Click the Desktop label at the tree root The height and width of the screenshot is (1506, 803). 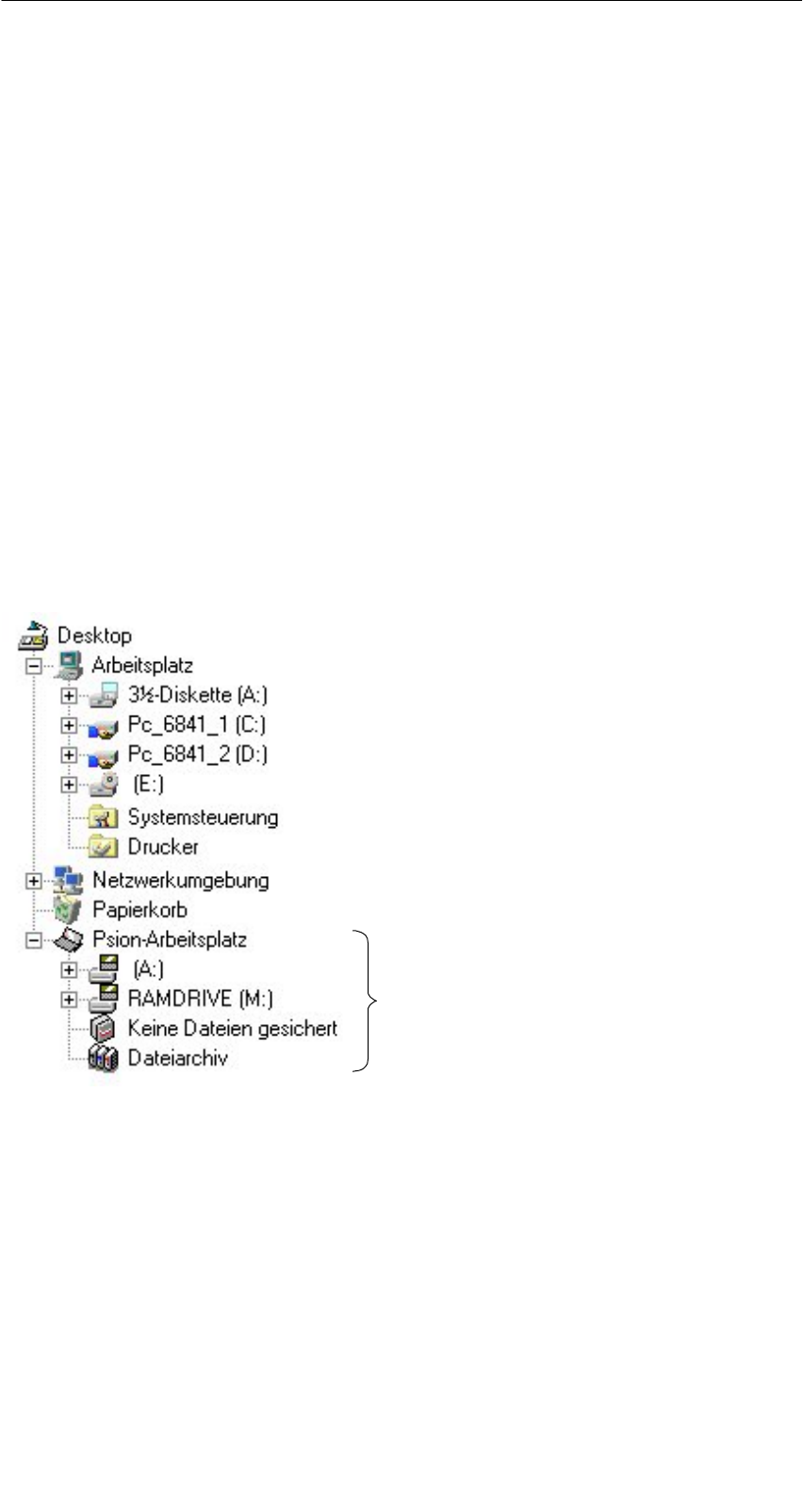(x=94, y=636)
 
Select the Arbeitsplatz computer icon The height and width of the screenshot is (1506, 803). (x=68, y=665)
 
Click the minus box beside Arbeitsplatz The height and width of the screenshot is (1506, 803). (x=34, y=666)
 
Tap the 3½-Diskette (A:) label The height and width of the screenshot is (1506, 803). (x=197, y=695)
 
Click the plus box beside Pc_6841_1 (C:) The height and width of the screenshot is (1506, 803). (x=68, y=726)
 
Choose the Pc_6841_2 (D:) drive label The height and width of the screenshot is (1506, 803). (x=197, y=754)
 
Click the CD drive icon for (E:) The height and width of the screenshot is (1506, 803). (x=103, y=785)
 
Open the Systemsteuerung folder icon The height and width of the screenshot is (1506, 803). (x=103, y=818)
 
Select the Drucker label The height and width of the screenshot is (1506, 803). (x=162, y=847)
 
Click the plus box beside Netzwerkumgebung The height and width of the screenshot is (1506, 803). (x=34, y=881)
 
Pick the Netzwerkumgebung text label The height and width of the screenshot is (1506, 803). (x=180, y=881)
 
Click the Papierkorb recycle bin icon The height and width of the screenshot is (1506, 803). (x=68, y=910)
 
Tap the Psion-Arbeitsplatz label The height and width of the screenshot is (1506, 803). (x=170, y=939)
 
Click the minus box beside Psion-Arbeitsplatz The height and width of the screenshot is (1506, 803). (x=34, y=940)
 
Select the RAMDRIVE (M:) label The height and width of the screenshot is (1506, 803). (x=200, y=998)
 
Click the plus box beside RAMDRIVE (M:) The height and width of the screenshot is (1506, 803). (x=68, y=999)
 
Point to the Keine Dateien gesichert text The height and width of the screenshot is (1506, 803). (x=232, y=1028)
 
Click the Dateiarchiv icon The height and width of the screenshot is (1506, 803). (x=103, y=1058)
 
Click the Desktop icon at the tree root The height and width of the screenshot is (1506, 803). (x=33, y=636)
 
